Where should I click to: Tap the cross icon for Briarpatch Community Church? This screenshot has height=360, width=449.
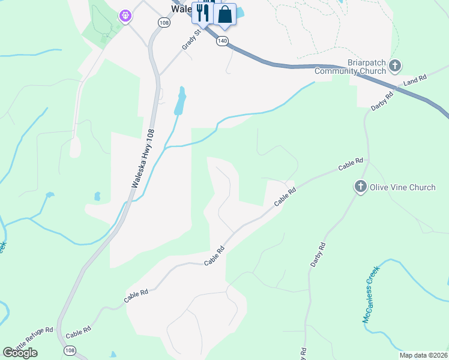pos(395,65)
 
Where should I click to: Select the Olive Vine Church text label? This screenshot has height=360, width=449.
pos(402,187)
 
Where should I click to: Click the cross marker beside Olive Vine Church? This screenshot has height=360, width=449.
pos(360,187)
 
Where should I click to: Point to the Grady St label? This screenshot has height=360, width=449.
pos(189,41)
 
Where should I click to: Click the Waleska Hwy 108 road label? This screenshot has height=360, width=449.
pos(143,160)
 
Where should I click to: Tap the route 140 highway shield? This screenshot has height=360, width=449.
pos(223,41)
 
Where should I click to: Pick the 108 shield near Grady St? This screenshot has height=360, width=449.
pos(164,22)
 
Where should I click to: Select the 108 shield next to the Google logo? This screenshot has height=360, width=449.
pos(70,350)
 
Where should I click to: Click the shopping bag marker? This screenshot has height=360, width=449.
pos(225,14)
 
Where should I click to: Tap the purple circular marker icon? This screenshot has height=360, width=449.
pos(125,15)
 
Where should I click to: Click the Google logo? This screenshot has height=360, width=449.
pos(20,353)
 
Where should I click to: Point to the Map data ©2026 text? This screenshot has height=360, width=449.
pos(423,355)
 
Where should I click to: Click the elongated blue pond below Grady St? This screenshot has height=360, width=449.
pos(179,102)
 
